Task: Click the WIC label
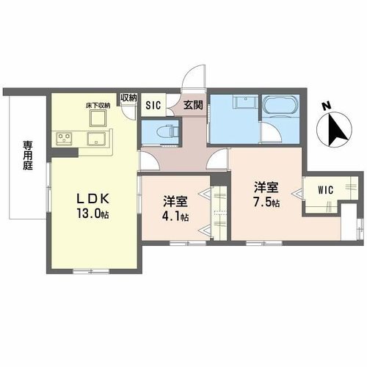(x=326, y=189)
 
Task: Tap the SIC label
(x=153, y=104)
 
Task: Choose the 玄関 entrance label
(x=193, y=103)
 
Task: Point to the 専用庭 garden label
(x=26, y=156)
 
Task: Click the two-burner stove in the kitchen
(x=62, y=137)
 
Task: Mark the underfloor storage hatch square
(x=98, y=117)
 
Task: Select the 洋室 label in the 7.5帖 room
(x=267, y=187)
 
